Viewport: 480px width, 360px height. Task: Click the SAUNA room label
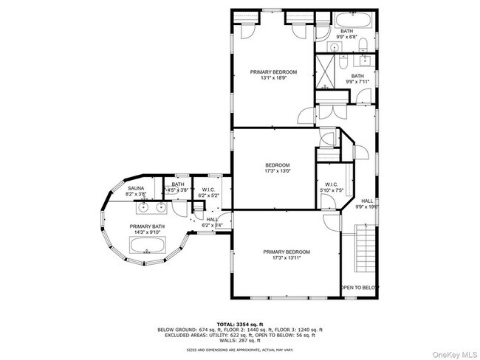[x=137, y=188]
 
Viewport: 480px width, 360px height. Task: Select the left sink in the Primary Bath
[x=120, y=207]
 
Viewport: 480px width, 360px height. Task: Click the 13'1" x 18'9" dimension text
[x=273, y=78]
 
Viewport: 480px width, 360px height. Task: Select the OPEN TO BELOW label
[x=359, y=288]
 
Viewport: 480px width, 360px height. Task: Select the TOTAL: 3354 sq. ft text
[x=240, y=325]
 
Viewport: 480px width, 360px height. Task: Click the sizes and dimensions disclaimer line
[x=240, y=350]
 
